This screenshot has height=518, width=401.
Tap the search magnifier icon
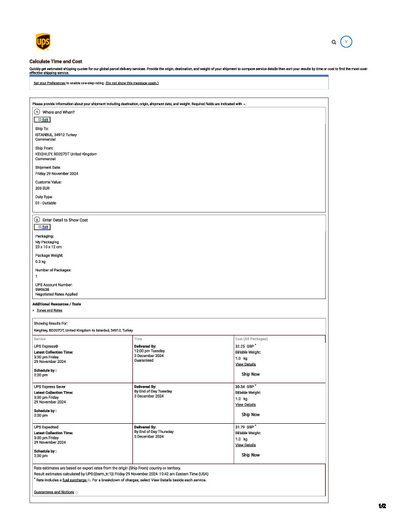(334, 42)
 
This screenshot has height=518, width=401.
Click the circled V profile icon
(347, 41)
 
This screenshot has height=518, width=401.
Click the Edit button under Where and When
(43, 120)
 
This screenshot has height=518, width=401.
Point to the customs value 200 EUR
(43, 188)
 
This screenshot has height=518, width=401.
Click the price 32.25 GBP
(244, 347)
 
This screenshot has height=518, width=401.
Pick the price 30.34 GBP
(244, 387)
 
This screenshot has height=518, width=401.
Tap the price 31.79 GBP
(244, 427)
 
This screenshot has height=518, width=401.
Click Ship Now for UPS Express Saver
(250, 414)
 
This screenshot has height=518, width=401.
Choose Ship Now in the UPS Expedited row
(250, 455)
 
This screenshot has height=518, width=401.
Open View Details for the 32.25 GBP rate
(245, 364)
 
